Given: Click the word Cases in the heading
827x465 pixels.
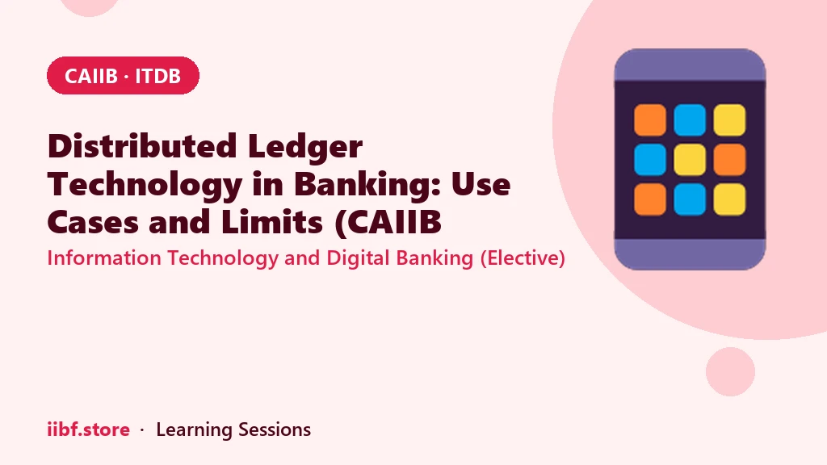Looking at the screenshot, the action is click(x=93, y=222).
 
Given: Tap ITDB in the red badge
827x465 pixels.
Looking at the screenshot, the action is click(x=157, y=76).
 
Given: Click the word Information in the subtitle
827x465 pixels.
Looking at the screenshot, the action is click(x=104, y=258).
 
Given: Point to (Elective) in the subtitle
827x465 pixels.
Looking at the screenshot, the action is click(x=523, y=258).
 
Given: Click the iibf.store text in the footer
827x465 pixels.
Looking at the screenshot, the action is click(x=89, y=429).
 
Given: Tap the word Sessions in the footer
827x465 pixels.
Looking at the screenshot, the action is click(x=275, y=429).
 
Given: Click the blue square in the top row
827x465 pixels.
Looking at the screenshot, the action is click(x=690, y=120).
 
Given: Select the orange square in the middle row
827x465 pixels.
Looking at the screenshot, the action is click(x=729, y=160).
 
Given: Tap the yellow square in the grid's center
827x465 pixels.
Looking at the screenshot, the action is click(x=690, y=160).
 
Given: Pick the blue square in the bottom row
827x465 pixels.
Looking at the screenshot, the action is click(x=690, y=199).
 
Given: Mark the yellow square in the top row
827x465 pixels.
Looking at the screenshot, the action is click(x=729, y=120).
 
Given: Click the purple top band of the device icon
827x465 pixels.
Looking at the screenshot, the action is click(x=690, y=65).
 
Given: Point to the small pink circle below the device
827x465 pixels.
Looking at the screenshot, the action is click(x=730, y=371).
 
